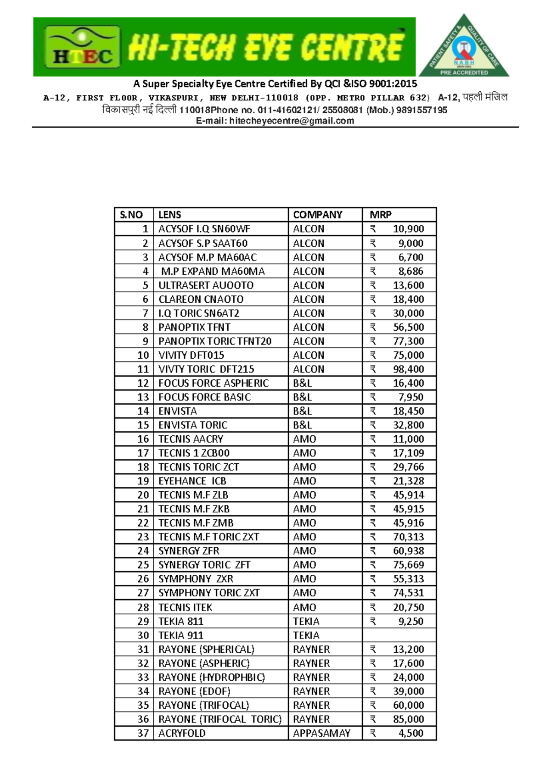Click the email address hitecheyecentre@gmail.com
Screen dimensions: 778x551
291,121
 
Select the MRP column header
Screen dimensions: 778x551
381,215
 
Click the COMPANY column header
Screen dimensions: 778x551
318,215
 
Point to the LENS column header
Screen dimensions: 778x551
170,215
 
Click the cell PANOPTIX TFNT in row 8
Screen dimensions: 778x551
194,327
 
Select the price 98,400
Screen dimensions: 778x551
408,369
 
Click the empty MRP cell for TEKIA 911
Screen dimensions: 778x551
399,635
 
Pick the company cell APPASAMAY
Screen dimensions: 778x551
321,733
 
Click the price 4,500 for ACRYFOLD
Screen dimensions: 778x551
410,733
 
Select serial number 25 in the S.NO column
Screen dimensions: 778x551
143,565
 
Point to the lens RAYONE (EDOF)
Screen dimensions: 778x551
194,691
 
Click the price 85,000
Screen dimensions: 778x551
408,719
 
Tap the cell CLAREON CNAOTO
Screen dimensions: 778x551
201,299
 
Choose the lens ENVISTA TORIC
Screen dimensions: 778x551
193,425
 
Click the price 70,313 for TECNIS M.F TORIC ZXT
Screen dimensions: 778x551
408,537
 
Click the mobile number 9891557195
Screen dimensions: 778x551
421,110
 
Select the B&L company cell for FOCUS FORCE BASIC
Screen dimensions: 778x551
303,397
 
